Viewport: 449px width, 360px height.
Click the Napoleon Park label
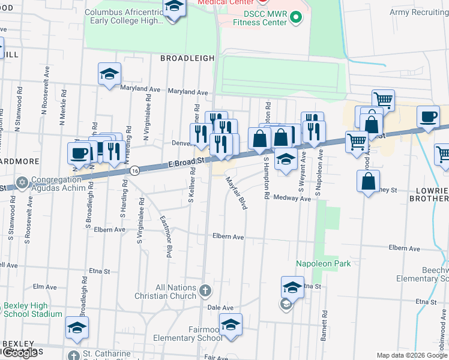[x=322, y=263]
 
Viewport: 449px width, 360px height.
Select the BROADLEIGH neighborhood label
[x=187, y=58]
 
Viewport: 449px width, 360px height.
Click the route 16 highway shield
[x=136, y=170]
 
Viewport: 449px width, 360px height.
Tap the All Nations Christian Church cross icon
[x=205, y=291]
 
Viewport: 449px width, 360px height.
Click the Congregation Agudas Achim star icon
[x=23, y=182]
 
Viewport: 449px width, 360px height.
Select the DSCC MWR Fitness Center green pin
[x=294, y=18]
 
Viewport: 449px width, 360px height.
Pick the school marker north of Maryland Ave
[x=109, y=74]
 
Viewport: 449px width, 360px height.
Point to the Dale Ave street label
[x=220, y=307]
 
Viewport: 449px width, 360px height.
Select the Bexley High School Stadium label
[x=33, y=310]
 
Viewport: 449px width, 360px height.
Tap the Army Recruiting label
[x=419, y=12]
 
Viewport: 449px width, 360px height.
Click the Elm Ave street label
[x=45, y=287]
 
